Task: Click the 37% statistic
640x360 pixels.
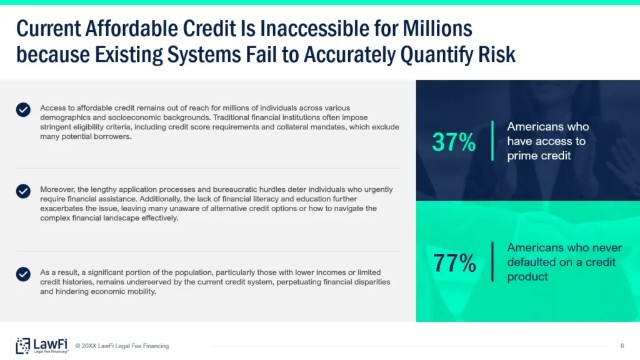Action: tap(454, 142)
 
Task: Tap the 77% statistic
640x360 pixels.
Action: tap(454, 262)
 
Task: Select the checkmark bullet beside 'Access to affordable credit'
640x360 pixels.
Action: tap(23, 109)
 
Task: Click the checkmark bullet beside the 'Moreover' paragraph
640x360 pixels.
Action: tap(23, 191)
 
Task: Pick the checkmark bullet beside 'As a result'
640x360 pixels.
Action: tap(23, 274)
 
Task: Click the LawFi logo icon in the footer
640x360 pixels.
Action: tap(23, 346)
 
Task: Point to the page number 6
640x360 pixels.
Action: tap(622, 346)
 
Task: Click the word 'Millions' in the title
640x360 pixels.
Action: tap(437, 29)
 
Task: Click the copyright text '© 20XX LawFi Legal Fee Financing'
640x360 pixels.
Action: tap(122, 346)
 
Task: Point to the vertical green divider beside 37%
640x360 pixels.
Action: tap(492, 141)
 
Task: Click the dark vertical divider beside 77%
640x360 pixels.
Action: tap(492, 262)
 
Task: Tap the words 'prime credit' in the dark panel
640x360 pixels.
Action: tap(539, 156)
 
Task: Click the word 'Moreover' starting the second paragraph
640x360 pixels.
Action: tap(57, 189)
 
